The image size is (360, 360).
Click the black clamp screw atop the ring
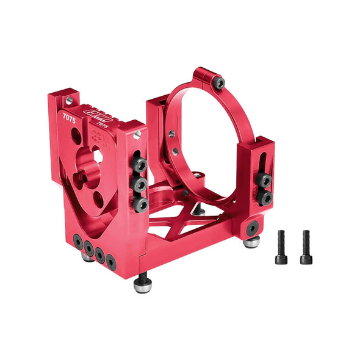219,82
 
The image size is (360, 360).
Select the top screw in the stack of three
140,165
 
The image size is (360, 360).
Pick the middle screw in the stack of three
140,184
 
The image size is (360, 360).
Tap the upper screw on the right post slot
265,180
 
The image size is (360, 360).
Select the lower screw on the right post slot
265,198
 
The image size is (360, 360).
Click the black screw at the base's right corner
251,228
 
